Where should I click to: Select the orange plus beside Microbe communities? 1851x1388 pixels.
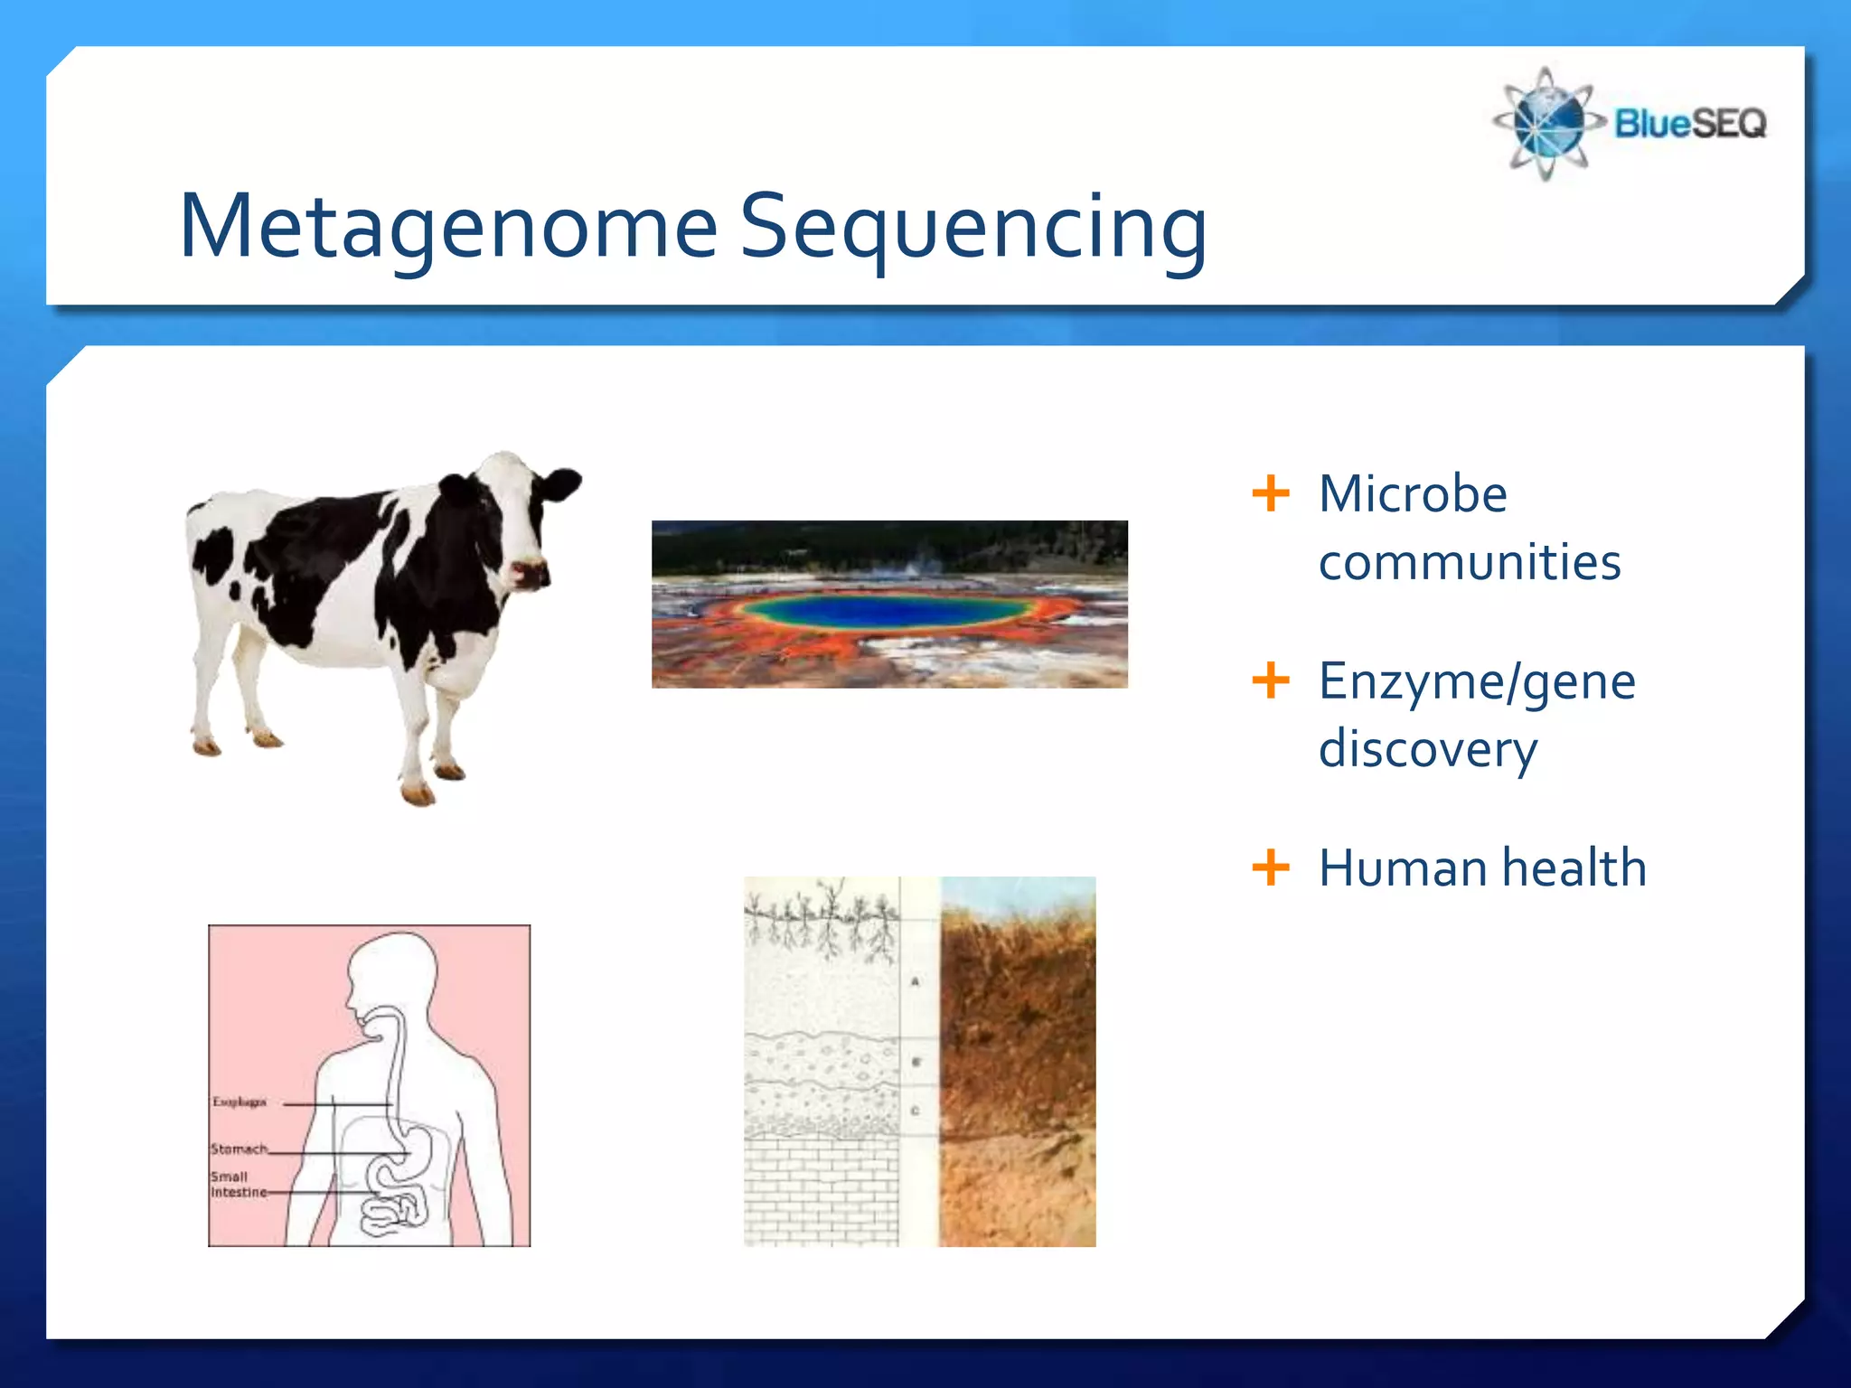pos(1271,493)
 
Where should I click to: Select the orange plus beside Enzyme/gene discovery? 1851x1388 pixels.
pos(1271,680)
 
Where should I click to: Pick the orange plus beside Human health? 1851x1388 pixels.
pos(1271,867)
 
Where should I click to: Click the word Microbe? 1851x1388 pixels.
pos(1412,494)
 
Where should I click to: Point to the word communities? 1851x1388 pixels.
pos(1469,562)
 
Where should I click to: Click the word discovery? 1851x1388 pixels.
pos(1427,749)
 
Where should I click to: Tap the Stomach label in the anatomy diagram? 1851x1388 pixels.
pos(239,1149)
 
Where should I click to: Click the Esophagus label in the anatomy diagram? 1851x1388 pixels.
pos(239,1102)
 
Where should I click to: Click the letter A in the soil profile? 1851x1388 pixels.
pos(915,981)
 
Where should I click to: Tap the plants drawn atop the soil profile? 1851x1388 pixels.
pos(821,917)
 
